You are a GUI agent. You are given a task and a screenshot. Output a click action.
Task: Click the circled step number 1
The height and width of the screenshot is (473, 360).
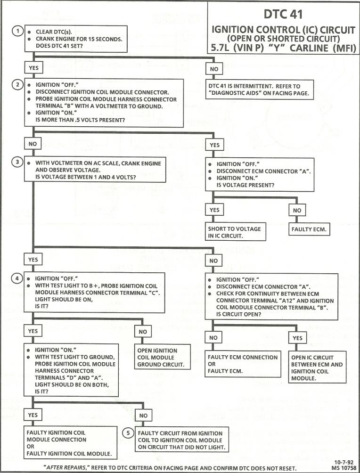click(x=17, y=32)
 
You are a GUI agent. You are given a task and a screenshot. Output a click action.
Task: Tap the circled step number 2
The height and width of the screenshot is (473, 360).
click(x=17, y=85)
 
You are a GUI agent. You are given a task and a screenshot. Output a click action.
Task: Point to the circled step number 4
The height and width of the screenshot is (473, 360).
click(x=17, y=278)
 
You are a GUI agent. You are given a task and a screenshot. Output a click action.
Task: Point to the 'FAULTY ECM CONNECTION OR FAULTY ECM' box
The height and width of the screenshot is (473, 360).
click(x=243, y=364)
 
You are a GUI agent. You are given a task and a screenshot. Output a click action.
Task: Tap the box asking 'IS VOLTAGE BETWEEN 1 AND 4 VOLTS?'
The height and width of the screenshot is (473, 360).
click(x=94, y=170)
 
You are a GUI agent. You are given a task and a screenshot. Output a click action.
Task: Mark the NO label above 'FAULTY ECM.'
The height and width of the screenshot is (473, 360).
click(x=297, y=210)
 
